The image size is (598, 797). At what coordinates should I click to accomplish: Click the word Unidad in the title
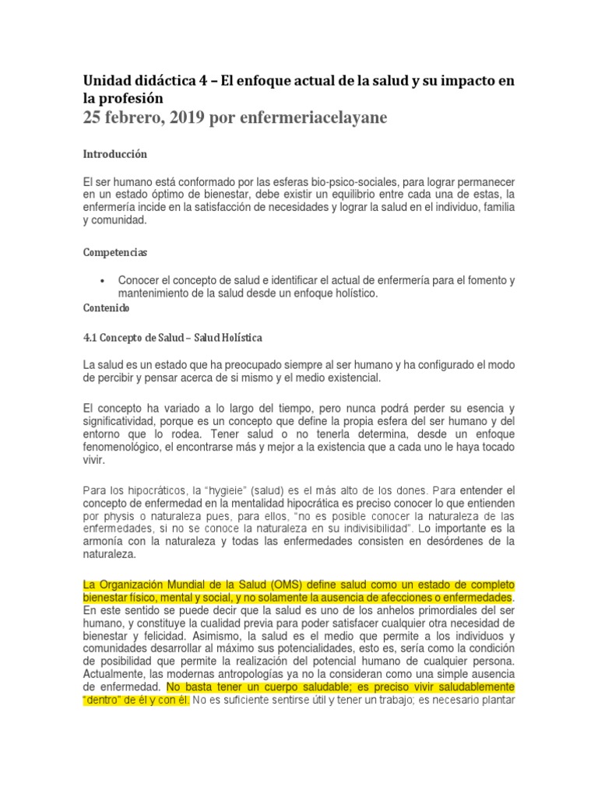coord(106,81)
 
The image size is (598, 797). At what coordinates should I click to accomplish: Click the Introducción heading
coord(114,154)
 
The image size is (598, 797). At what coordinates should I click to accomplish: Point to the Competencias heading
coord(115,253)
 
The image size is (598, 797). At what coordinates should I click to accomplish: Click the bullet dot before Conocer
coord(104,280)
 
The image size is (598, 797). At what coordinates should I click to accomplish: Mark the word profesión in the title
coord(131,98)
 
